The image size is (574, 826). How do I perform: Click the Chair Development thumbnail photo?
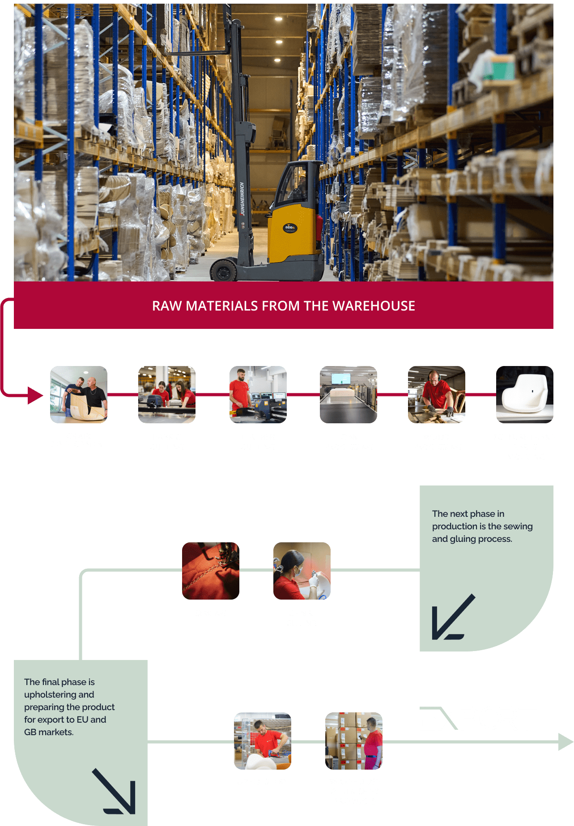point(79,395)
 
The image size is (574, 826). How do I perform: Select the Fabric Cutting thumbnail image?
point(167,395)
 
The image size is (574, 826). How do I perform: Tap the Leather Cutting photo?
point(258,395)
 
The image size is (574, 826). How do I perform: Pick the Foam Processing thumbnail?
point(349,395)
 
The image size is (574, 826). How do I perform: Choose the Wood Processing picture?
point(437,395)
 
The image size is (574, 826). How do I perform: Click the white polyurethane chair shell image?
point(525,395)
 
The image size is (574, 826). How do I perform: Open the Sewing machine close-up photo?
point(211,571)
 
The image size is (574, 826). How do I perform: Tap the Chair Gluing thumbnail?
point(302,571)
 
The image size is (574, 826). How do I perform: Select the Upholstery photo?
point(263,741)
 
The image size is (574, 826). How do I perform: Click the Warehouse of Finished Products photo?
point(354,741)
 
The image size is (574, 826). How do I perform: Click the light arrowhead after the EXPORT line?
point(565,742)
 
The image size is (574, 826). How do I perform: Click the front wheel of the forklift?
point(223,271)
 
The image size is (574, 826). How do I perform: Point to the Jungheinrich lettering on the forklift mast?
point(242,199)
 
